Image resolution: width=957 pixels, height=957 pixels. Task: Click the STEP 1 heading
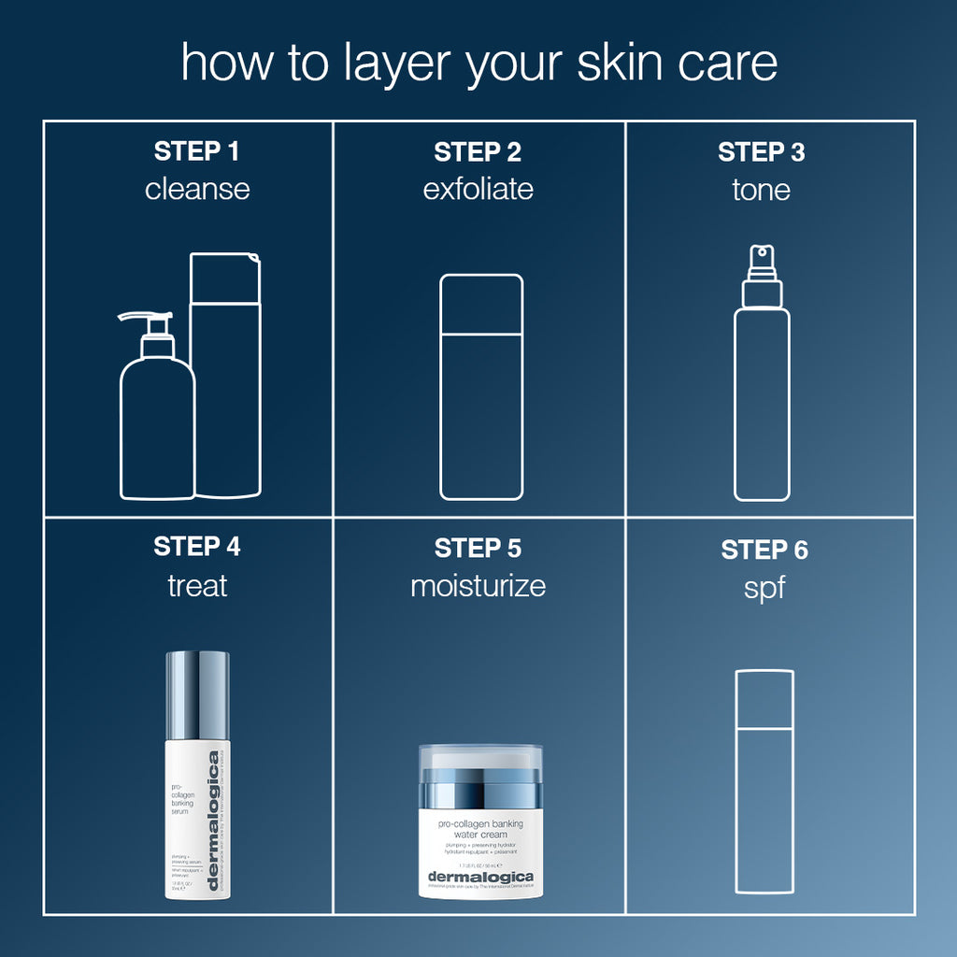coord(197,151)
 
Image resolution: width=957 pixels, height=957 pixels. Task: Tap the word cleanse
coord(197,190)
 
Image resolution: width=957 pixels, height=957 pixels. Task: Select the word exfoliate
coord(478,190)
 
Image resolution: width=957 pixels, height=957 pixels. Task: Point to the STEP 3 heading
coord(761,152)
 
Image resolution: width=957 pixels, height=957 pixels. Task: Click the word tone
coord(761,190)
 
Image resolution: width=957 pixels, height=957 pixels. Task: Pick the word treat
coord(197,586)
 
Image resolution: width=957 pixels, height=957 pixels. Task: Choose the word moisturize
coord(478,586)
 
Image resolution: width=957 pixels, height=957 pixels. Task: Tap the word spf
coord(764,589)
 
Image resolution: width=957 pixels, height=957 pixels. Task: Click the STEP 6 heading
coord(764,550)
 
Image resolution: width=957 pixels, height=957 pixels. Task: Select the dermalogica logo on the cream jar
coord(480,876)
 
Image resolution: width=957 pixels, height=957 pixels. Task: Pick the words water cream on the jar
coord(480,835)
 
